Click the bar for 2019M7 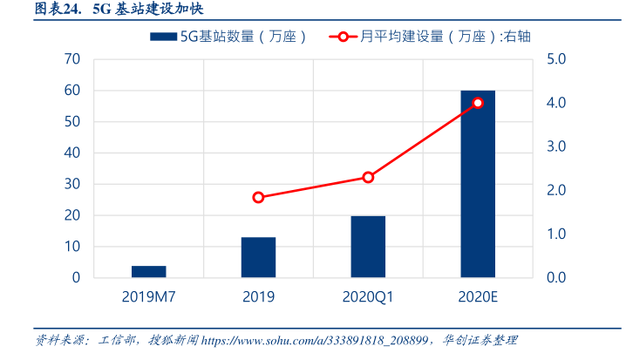point(149,272)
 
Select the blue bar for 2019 point(258,257)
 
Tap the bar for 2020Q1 point(368,247)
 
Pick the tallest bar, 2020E point(477,184)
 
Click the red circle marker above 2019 point(258,198)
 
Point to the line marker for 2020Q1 point(368,177)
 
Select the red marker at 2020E point(477,103)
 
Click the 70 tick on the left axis point(72,59)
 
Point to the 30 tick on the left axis point(72,184)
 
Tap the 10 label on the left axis point(72,247)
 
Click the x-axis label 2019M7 point(149,297)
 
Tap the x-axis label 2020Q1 point(368,297)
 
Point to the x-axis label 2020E point(477,297)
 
